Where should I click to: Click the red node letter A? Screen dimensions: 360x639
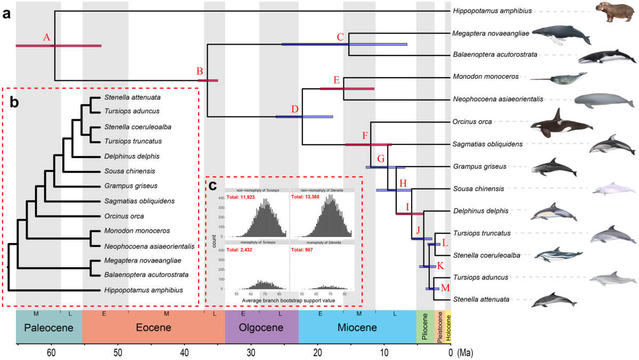click(x=47, y=37)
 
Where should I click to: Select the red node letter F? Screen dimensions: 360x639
click(x=365, y=135)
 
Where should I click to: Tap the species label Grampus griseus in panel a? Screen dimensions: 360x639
click(x=479, y=166)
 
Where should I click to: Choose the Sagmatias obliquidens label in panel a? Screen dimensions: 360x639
click(x=486, y=144)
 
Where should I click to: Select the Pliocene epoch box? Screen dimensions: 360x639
click(x=424, y=328)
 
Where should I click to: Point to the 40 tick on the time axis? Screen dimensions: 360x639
click(x=184, y=353)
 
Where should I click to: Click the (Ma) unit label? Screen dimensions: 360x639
click(x=465, y=353)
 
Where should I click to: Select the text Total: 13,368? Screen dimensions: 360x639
click(x=307, y=198)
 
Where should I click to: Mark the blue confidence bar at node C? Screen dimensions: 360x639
click(x=344, y=44)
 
